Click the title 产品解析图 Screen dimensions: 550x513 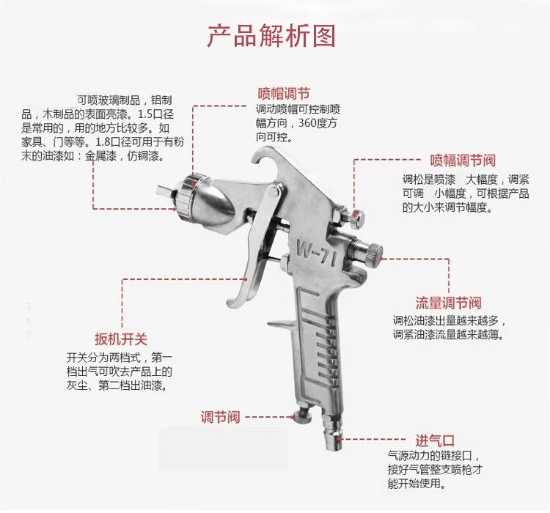pyautogui.click(x=271, y=36)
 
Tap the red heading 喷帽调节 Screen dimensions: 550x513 pyautogui.click(x=284, y=94)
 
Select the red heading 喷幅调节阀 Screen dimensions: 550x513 pyautogui.click(x=463, y=160)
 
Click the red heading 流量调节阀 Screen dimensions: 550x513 pyautogui.click(x=449, y=303)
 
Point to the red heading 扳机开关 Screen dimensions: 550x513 pyautogui.click(x=121, y=339)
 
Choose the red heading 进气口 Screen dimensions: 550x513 pyautogui.click(x=436, y=440)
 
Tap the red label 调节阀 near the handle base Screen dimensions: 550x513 pyautogui.click(x=220, y=417)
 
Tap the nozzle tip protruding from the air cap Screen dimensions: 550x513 pyautogui.click(x=165, y=193)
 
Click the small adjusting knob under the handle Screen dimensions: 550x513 pyautogui.click(x=303, y=417)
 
